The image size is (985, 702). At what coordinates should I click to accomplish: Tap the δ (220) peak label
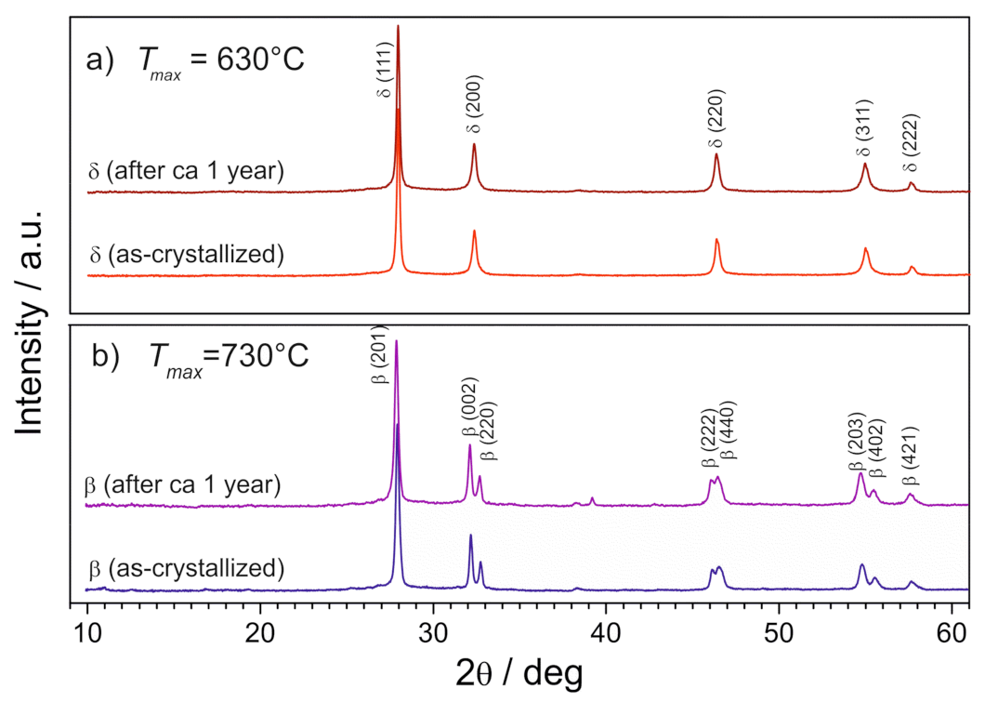pyautogui.click(x=716, y=118)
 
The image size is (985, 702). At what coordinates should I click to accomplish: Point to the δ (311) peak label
pyautogui.click(x=863, y=127)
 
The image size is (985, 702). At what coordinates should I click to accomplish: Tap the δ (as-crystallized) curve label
pyautogui.click(x=186, y=253)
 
